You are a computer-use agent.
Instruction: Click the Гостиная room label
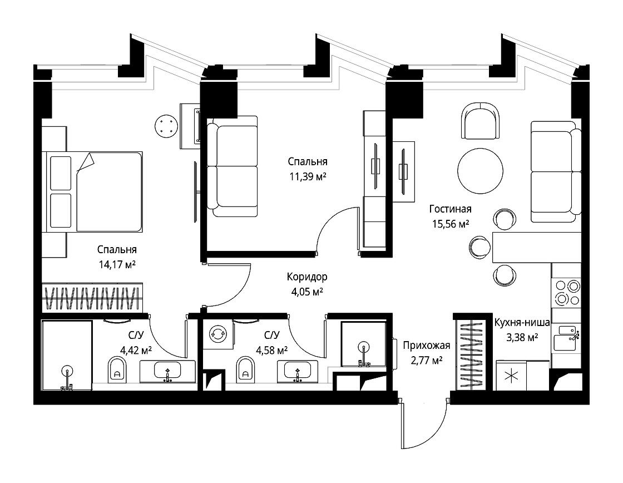(x=450, y=209)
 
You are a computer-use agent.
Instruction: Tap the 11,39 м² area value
(x=308, y=176)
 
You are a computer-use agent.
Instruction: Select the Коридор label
(x=307, y=277)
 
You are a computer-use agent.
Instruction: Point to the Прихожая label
(x=426, y=346)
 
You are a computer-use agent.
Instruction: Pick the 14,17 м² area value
(x=117, y=264)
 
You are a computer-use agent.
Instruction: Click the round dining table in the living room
(x=481, y=171)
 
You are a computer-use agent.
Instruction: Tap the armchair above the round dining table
(x=481, y=120)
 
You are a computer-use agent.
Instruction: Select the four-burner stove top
(x=567, y=292)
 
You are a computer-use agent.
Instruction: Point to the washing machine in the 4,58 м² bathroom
(x=217, y=333)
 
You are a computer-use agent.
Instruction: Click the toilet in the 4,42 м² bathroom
(x=117, y=369)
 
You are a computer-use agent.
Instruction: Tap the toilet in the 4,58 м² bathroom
(x=245, y=369)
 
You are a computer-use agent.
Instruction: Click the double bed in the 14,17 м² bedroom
(x=94, y=191)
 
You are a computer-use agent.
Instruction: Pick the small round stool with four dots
(x=165, y=126)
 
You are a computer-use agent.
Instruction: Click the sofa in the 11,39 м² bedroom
(x=233, y=166)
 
